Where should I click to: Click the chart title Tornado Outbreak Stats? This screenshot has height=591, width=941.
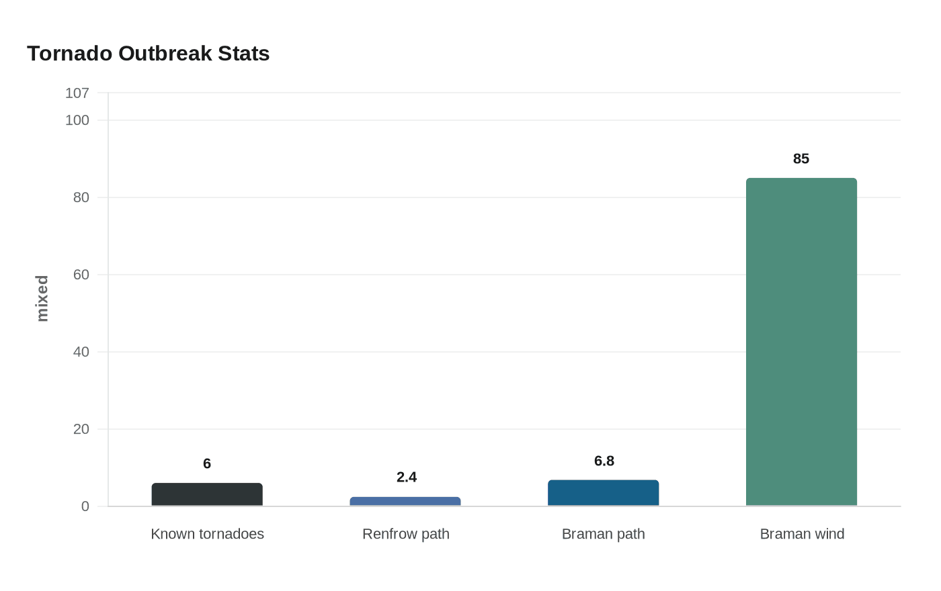(x=148, y=54)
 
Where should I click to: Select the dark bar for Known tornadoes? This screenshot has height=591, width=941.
(x=207, y=495)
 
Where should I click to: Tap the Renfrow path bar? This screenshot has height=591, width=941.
(x=405, y=502)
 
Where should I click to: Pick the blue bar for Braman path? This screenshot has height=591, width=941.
(x=604, y=494)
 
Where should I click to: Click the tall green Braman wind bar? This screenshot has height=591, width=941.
(x=801, y=343)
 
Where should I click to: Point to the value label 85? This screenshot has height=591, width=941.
(x=801, y=159)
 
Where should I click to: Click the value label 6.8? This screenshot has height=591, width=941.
(x=604, y=461)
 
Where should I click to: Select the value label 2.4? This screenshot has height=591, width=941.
(x=406, y=478)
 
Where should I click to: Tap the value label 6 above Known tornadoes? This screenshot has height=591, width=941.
(x=207, y=464)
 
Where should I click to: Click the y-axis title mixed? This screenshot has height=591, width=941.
(x=42, y=299)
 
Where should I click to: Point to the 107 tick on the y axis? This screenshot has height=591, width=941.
(x=77, y=93)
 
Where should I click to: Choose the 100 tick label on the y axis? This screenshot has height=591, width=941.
(x=77, y=120)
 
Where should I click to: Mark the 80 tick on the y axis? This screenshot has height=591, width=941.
(x=81, y=197)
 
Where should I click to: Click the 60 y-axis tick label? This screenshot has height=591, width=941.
(x=81, y=275)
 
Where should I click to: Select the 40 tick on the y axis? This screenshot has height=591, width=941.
(x=81, y=352)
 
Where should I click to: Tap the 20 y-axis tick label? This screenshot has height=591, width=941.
(x=81, y=429)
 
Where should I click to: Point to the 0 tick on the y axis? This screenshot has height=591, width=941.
(x=85, y=506)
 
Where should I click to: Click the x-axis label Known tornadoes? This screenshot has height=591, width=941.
(x=207, y=535)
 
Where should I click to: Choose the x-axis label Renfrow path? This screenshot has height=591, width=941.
(x=405, y=535)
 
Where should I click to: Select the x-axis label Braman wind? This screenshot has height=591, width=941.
(x=802, y=535)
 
